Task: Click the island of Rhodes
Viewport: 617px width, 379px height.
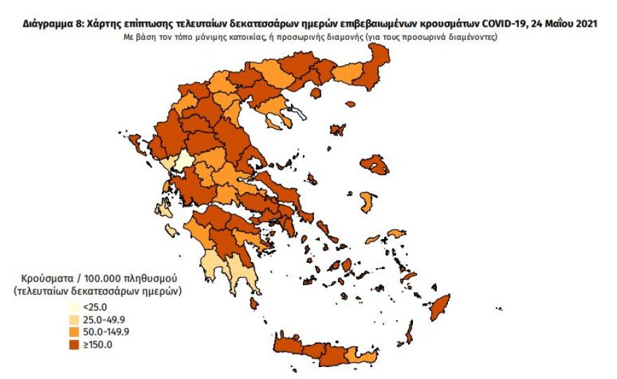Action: pyautogui.click(x=440, y=306)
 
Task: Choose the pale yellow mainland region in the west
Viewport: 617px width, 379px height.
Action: pyautogui.click(x=184, y=162)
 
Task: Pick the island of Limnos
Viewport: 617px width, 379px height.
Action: pyautogui.click(x=338, y=130)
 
